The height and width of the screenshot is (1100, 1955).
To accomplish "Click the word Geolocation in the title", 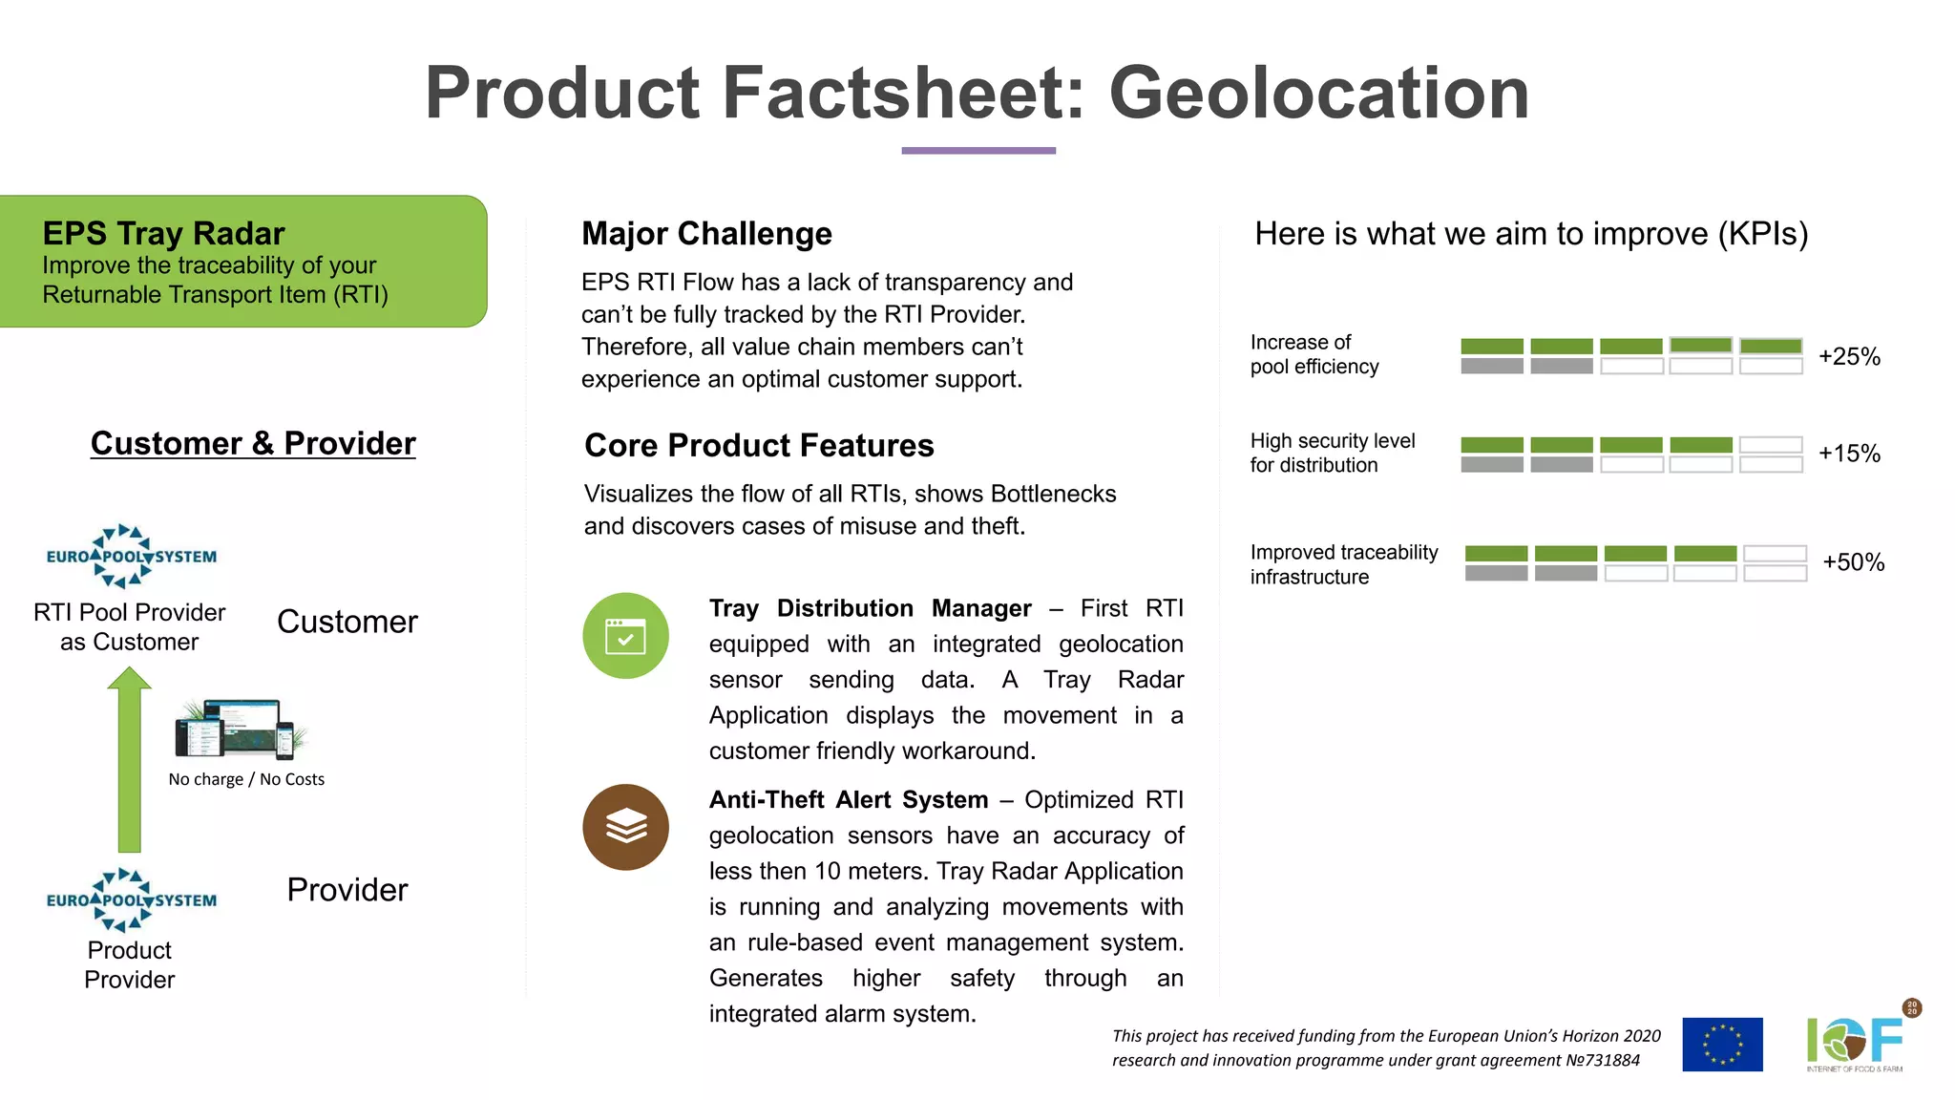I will click(1318, 93).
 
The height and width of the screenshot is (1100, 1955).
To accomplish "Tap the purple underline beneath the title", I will click(978, 150).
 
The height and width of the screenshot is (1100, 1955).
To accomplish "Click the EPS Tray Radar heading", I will click(163, 233).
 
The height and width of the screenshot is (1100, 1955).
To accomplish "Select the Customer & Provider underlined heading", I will click(253, 443).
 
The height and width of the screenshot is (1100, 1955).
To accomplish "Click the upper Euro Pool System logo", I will click(131, 556).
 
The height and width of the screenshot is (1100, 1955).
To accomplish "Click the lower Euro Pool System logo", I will click(131, 899).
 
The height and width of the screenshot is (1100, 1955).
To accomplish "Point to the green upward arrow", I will click(130, 760).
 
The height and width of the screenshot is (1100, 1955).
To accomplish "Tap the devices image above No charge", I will click(241, 730).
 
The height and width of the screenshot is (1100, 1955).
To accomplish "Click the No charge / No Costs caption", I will click(246, 779).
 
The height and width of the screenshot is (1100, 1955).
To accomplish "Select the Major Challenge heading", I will click(706, 234).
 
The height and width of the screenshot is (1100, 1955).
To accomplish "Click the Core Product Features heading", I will click(759, 446).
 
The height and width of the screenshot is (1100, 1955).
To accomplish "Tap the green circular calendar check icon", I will click(625, 636).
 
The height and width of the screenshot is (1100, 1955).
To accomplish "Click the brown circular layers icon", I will click(625, 827).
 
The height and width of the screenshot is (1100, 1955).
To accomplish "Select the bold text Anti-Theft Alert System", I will click(848, 800).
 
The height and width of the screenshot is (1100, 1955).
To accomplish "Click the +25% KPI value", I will click(1848, 356).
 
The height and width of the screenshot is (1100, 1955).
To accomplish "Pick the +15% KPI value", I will click(1848, 454).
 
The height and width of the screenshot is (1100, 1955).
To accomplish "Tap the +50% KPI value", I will click(1852, 562).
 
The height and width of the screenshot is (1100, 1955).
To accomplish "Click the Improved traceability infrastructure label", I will click(1343, 564).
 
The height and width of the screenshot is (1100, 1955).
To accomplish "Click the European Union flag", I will click(1721, 1045).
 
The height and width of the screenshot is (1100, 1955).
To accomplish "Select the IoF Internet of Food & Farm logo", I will click(1855, 1043).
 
